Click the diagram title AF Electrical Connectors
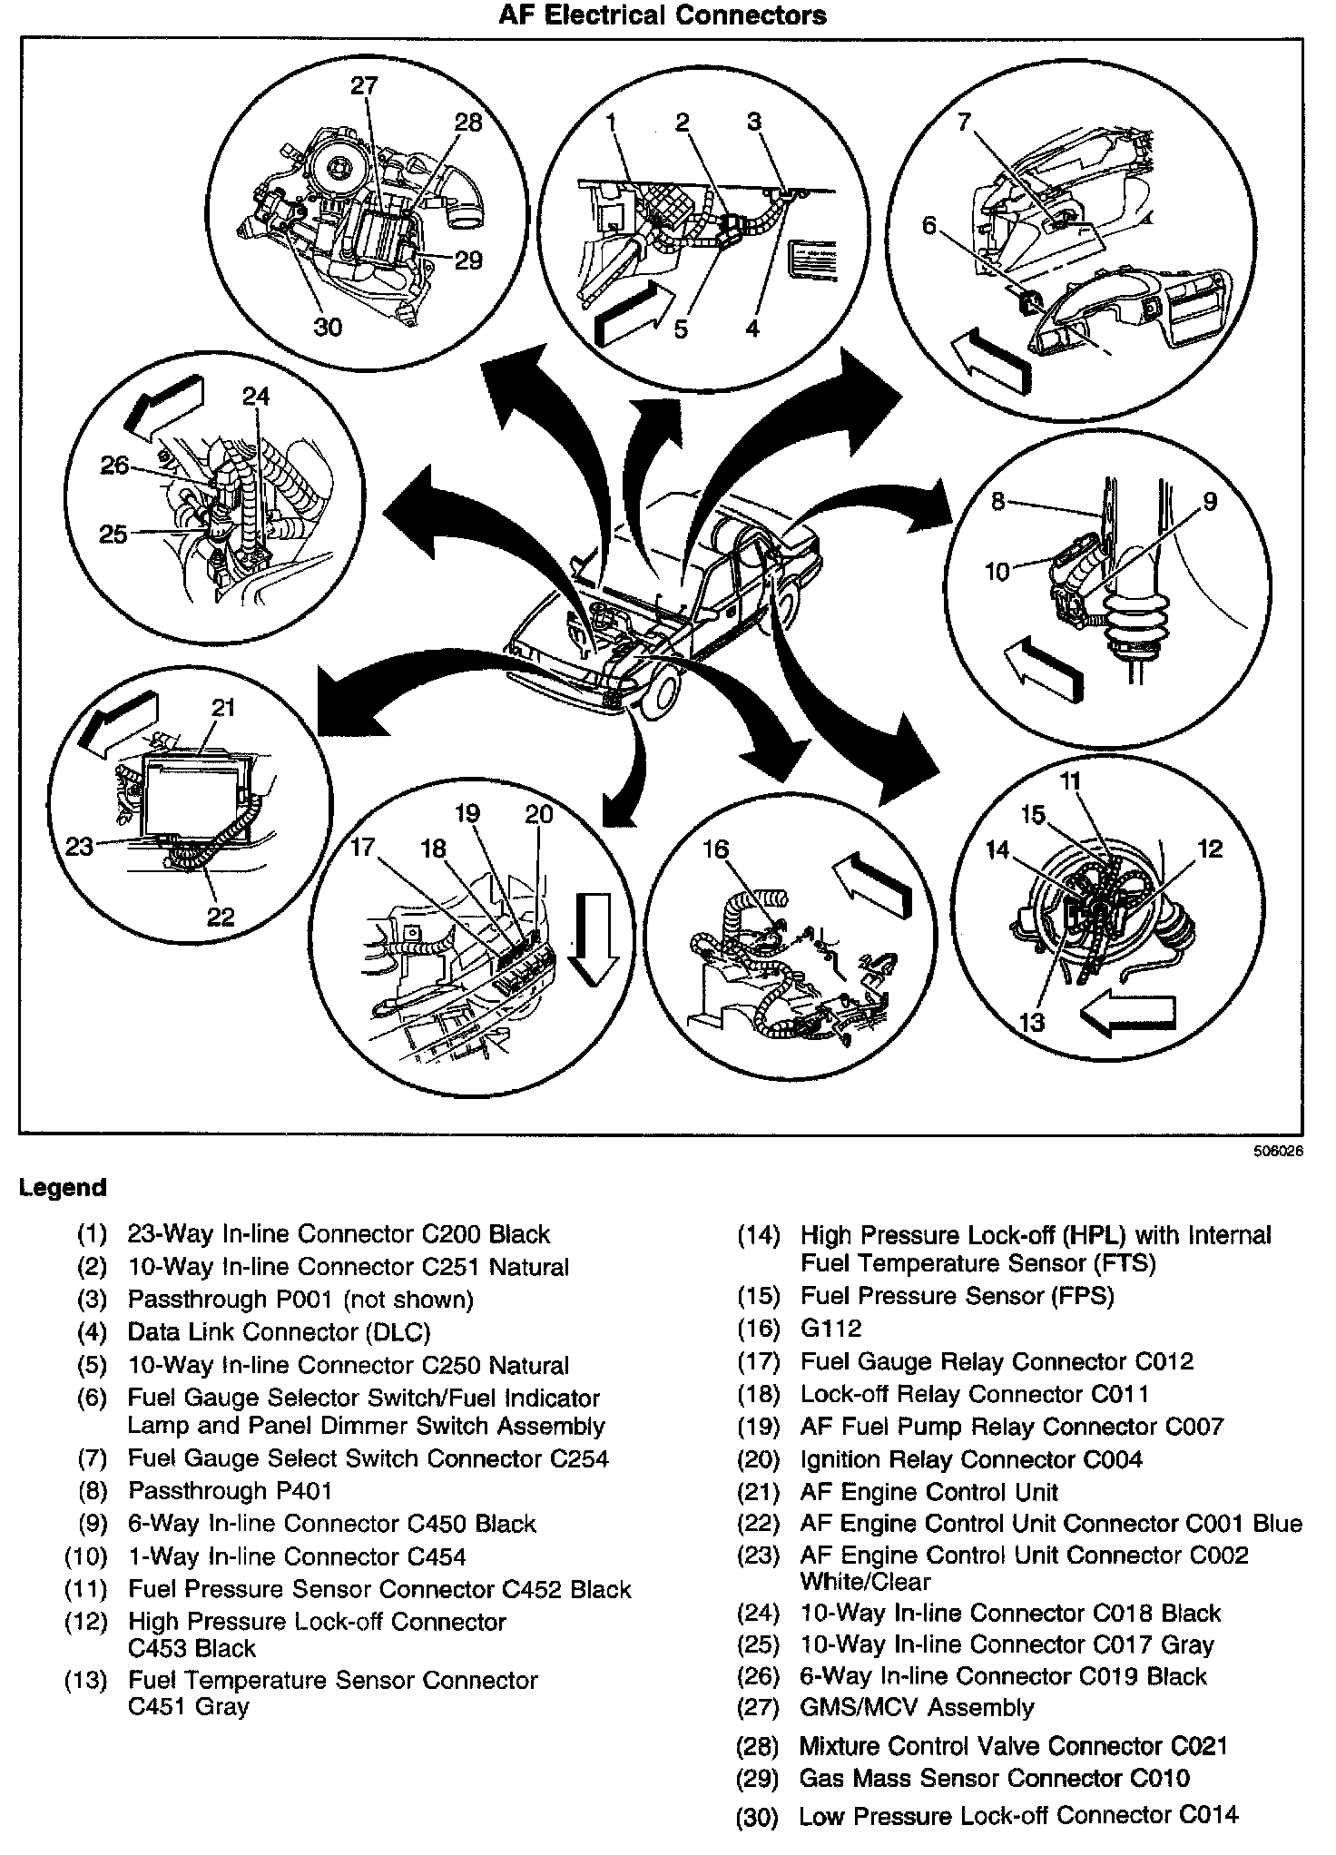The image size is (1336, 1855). [x=663, y=15]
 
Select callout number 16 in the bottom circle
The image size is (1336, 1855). [x=716, y=849]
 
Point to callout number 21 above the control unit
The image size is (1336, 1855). [x=223, y=707]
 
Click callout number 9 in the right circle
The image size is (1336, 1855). [x=1210, y=502]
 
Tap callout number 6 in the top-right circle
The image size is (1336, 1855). [x=928, y=225]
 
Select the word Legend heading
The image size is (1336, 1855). [x=63, y=1188]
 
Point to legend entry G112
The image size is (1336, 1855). [x=830, y=1329]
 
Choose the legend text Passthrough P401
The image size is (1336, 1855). [x=231, y=1490]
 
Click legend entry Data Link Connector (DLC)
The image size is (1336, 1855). [x=279, y=1331]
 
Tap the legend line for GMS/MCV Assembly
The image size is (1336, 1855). [x=917, y=1707]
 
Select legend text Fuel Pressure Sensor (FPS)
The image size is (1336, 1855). [x=957, y=1295]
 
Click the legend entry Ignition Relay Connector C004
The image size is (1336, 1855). [x=971, y=1459]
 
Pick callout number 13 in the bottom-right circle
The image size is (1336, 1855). [x=1032, y=1022]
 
